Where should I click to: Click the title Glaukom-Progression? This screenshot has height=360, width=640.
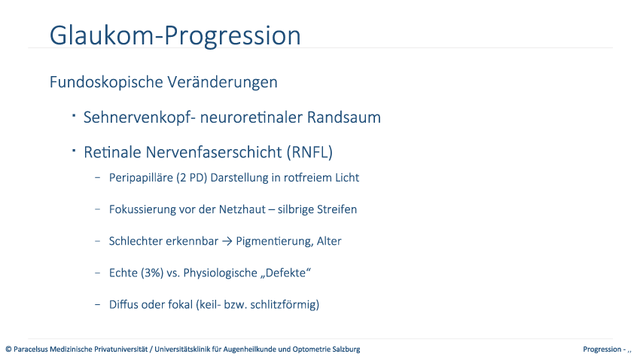(175, 36)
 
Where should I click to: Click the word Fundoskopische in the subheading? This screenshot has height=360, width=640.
(106, 82)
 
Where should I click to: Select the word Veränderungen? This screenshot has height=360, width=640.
(222, 82)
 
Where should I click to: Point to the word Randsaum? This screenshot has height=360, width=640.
(343, 117)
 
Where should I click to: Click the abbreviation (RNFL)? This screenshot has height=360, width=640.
(309, 152)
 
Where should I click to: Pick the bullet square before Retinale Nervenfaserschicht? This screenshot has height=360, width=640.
(74, 151)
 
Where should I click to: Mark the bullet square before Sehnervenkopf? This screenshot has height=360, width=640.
(74, 115)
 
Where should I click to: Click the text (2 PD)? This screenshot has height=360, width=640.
(192, 178)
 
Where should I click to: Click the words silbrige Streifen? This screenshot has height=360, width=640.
(317, 209)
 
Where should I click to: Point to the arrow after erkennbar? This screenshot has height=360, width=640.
(227, 241)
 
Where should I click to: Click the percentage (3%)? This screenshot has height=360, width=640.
(152, 273)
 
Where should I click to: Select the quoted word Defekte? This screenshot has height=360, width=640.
(285, 273)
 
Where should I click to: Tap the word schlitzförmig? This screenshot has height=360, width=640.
(285, 304)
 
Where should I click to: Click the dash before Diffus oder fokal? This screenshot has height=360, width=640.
(98, 304)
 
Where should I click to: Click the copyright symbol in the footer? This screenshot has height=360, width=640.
(8, 349)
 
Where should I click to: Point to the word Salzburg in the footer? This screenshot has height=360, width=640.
(346, 349)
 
